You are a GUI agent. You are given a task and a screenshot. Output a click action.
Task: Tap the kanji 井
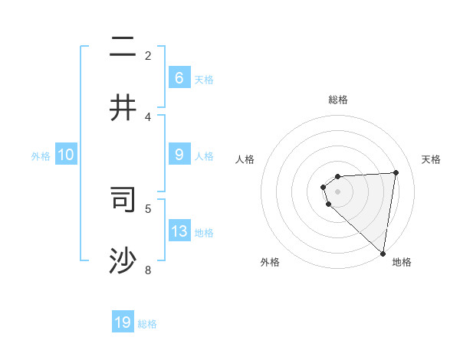coord(123,107)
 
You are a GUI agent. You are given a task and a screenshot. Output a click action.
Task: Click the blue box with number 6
coord(179,78)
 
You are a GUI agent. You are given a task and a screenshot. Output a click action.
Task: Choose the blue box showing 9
coord(179,155)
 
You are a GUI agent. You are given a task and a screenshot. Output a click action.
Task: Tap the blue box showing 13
coord(179,231)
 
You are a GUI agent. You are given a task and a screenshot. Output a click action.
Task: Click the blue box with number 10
coord(66,155)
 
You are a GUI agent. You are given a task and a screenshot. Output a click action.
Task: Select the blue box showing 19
coord(123,322)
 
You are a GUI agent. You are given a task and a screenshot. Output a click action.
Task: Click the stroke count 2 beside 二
coord(148,55)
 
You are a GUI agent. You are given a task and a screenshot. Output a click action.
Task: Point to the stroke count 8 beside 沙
coord(148,270)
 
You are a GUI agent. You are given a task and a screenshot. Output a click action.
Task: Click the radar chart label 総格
coord(338,100)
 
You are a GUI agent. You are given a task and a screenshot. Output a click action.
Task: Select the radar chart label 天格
coord(431,159)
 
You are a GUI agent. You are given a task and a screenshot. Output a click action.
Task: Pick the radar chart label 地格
coord(402,262)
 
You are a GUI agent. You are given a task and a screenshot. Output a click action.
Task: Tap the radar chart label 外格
coord(270,262)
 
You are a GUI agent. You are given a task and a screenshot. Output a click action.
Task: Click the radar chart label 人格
coord(245,159)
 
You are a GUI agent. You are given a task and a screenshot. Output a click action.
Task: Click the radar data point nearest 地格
coord(383,253)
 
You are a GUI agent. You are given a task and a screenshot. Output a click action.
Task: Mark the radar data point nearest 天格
coord(396,172)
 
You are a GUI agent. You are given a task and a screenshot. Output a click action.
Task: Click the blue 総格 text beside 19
coord(147,324)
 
